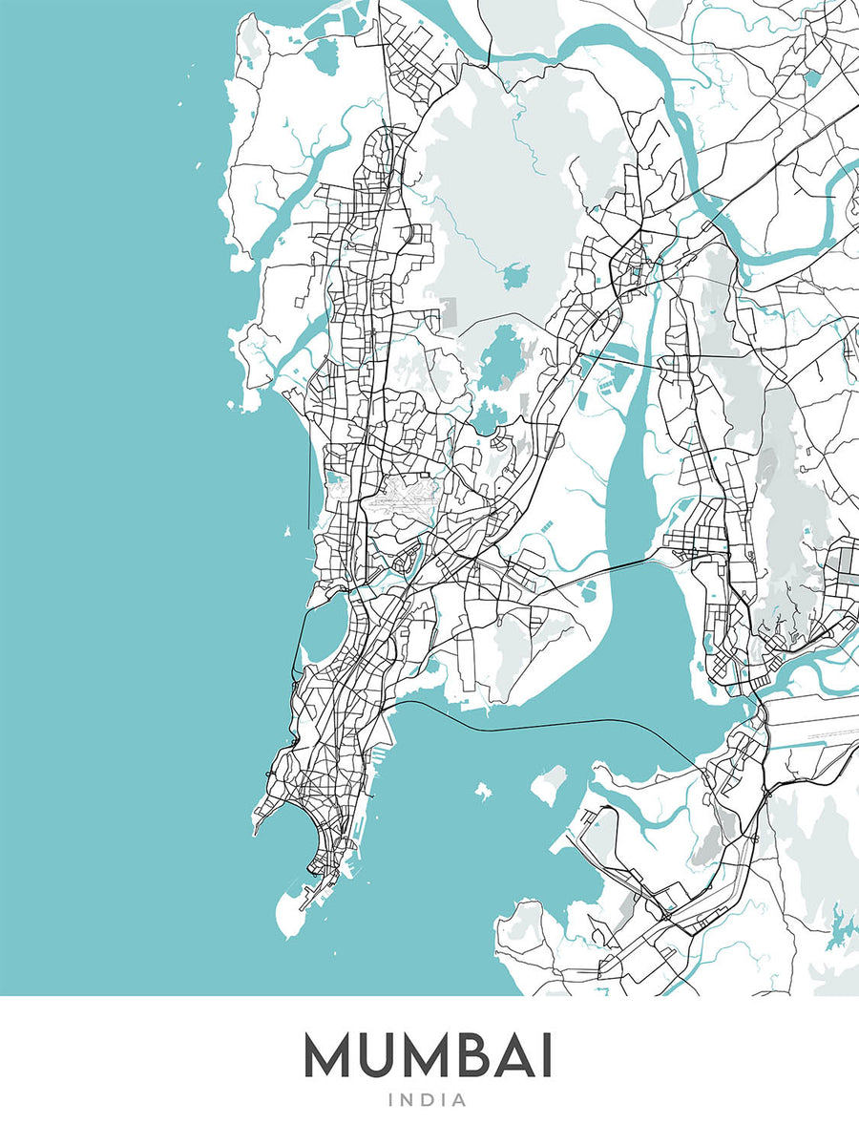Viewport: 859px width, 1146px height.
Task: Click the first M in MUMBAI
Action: point(331,1057)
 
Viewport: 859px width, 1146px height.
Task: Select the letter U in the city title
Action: point(381,1057)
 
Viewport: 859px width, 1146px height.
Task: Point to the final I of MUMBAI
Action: point(546,1057)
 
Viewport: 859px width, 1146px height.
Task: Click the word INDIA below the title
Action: point(428,1101)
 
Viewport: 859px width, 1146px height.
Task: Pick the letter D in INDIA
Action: point(429,1101)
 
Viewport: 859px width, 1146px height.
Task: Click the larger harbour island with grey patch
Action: point(548,786)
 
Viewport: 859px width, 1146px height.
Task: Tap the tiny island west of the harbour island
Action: point(483,792)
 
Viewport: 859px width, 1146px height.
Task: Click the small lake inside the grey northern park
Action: point(516,277)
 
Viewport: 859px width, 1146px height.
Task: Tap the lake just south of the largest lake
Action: point(490,416)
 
